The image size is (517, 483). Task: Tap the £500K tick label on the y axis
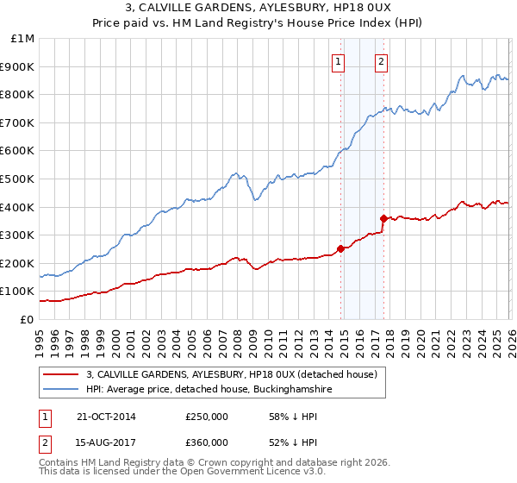(18, 179)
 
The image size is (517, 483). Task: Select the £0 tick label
(27, 319)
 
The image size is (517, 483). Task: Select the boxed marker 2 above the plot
(381, 61)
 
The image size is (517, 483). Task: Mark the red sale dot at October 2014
(340, 248)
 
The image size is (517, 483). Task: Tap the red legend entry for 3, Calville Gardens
(232, 374)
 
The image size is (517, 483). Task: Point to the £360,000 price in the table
(207, 442)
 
